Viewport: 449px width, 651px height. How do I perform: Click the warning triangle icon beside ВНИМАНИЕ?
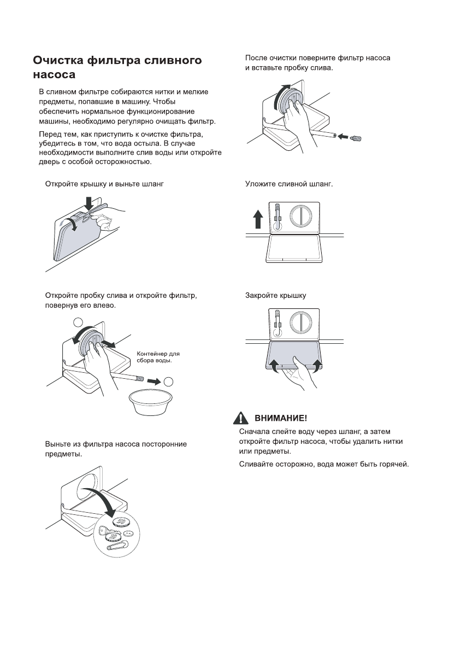(x=241, y=418)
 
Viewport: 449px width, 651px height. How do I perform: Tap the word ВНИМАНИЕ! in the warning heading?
(x=281, y=418)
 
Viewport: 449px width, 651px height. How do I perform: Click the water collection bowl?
(x=148, y=402)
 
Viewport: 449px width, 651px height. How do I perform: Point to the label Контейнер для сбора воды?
(x=154, y=357)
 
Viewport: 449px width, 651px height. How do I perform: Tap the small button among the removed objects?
(x=129, y=533)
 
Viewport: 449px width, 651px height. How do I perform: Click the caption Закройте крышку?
(x=275, y=295)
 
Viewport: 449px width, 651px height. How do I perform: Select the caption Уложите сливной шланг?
(x=289, y=184)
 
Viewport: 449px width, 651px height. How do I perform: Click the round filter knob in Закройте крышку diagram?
(x=301, y=322)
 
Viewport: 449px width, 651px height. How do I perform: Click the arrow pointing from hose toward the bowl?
(x=155, y=379)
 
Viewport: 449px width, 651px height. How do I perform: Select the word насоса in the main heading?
(x=54, y=74)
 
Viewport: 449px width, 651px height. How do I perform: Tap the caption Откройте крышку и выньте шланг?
(x=104, y=184)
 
